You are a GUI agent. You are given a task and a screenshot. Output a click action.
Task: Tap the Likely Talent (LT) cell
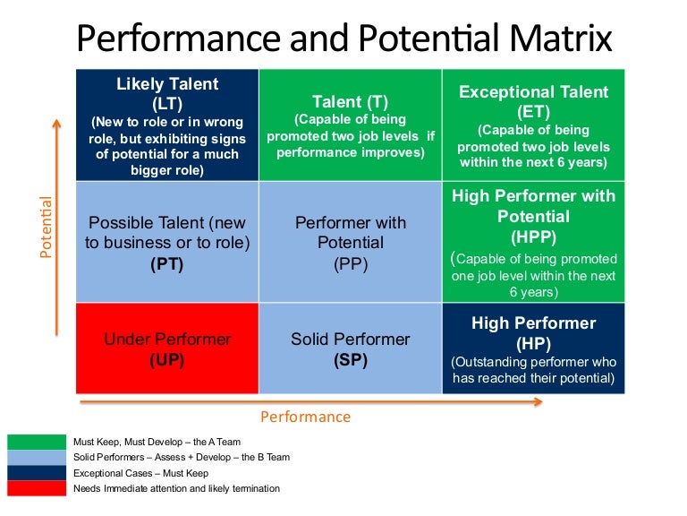(x=167, y=125)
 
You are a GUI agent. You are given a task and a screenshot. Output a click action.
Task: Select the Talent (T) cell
(x=350, y=125)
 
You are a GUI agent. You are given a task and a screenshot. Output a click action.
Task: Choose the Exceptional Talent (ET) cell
(x=533, y=125)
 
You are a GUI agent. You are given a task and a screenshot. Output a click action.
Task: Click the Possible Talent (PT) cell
(x=167, y=242)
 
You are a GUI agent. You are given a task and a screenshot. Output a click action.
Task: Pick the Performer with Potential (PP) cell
(x=350, y=242)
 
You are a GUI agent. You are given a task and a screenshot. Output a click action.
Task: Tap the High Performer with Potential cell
(x=533, y=242)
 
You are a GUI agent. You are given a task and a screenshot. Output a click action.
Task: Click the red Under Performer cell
(x=167, y=348)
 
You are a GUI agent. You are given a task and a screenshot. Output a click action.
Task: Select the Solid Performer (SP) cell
(x=350, y=348)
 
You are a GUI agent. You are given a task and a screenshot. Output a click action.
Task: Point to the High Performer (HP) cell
(x=533, y=348)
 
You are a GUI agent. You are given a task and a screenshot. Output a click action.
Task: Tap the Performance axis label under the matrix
(x=305, y=417)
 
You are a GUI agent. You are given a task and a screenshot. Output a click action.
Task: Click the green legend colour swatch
(x=37, y=442)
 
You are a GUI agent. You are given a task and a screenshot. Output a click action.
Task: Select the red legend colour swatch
(x=37, y=488)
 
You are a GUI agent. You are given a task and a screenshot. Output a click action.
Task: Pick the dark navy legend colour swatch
(x=37, y=473)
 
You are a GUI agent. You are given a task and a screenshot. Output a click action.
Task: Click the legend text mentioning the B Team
(x=182, y=458)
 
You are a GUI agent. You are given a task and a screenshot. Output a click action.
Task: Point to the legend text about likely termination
(x=176, y=489)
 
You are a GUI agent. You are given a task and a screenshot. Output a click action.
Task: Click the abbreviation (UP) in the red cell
(x=167, y=359)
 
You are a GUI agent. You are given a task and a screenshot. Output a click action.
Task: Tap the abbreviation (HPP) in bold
(x=534, y=236)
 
